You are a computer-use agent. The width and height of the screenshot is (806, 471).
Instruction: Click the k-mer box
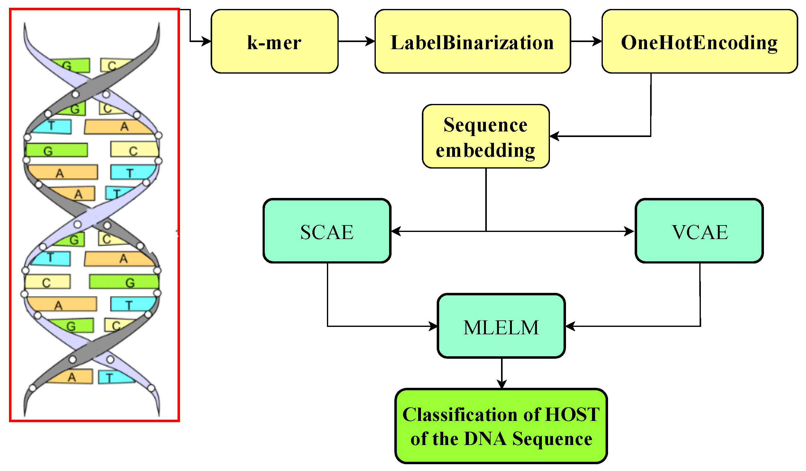click(274, 41)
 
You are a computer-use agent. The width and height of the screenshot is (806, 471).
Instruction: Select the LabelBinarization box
click(472, 41)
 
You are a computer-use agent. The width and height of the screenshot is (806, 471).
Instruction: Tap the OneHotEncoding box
click(699, 41)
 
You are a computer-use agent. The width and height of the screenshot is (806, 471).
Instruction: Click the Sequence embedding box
click(486, 136)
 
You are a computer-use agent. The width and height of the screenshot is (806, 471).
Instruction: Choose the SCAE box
click(327, 231)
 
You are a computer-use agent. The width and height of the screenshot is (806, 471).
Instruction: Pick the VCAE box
click(699, 231)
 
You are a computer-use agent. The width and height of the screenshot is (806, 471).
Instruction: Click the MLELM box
click(501, 327)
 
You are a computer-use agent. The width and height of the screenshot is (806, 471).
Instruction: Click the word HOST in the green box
click(572, 415)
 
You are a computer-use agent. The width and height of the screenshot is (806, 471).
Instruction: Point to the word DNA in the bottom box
click(485, 439)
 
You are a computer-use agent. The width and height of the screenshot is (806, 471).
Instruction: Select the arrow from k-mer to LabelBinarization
click(356, 41)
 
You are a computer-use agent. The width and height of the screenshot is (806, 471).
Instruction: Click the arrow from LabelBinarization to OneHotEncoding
click(586, 41)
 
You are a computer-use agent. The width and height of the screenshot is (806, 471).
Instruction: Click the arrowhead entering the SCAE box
click(396, 232)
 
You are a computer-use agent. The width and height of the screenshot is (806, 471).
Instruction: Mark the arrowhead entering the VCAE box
click(629, 232)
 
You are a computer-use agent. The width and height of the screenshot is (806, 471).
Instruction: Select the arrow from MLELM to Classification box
click(502, 373)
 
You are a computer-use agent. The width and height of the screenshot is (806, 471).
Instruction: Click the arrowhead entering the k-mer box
click(206, 41)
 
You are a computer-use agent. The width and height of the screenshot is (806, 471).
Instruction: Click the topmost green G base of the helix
click(72, 66)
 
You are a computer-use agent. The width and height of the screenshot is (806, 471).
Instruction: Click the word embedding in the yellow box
click(485, 150)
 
